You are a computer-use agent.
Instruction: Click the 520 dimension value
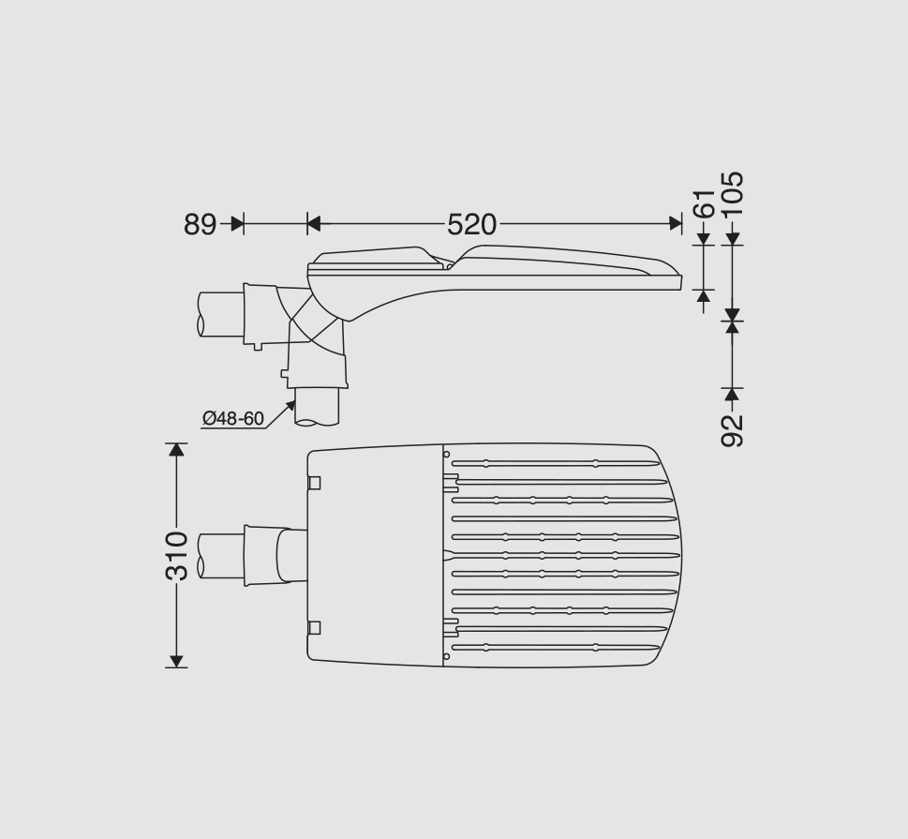tap(471, 224)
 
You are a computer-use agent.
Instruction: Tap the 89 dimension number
tap(200, 224)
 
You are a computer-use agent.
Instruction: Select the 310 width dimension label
tap(177, 556)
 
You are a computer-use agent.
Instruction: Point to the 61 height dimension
tap(704, 203)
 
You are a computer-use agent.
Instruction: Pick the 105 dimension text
tap(733, 193)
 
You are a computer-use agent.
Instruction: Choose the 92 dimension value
tap(733, 430)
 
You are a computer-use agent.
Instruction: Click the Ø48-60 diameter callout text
tap(233, 418)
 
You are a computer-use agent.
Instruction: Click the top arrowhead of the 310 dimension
tap(176, 450)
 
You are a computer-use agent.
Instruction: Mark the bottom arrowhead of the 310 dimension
tap(176, 661)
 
